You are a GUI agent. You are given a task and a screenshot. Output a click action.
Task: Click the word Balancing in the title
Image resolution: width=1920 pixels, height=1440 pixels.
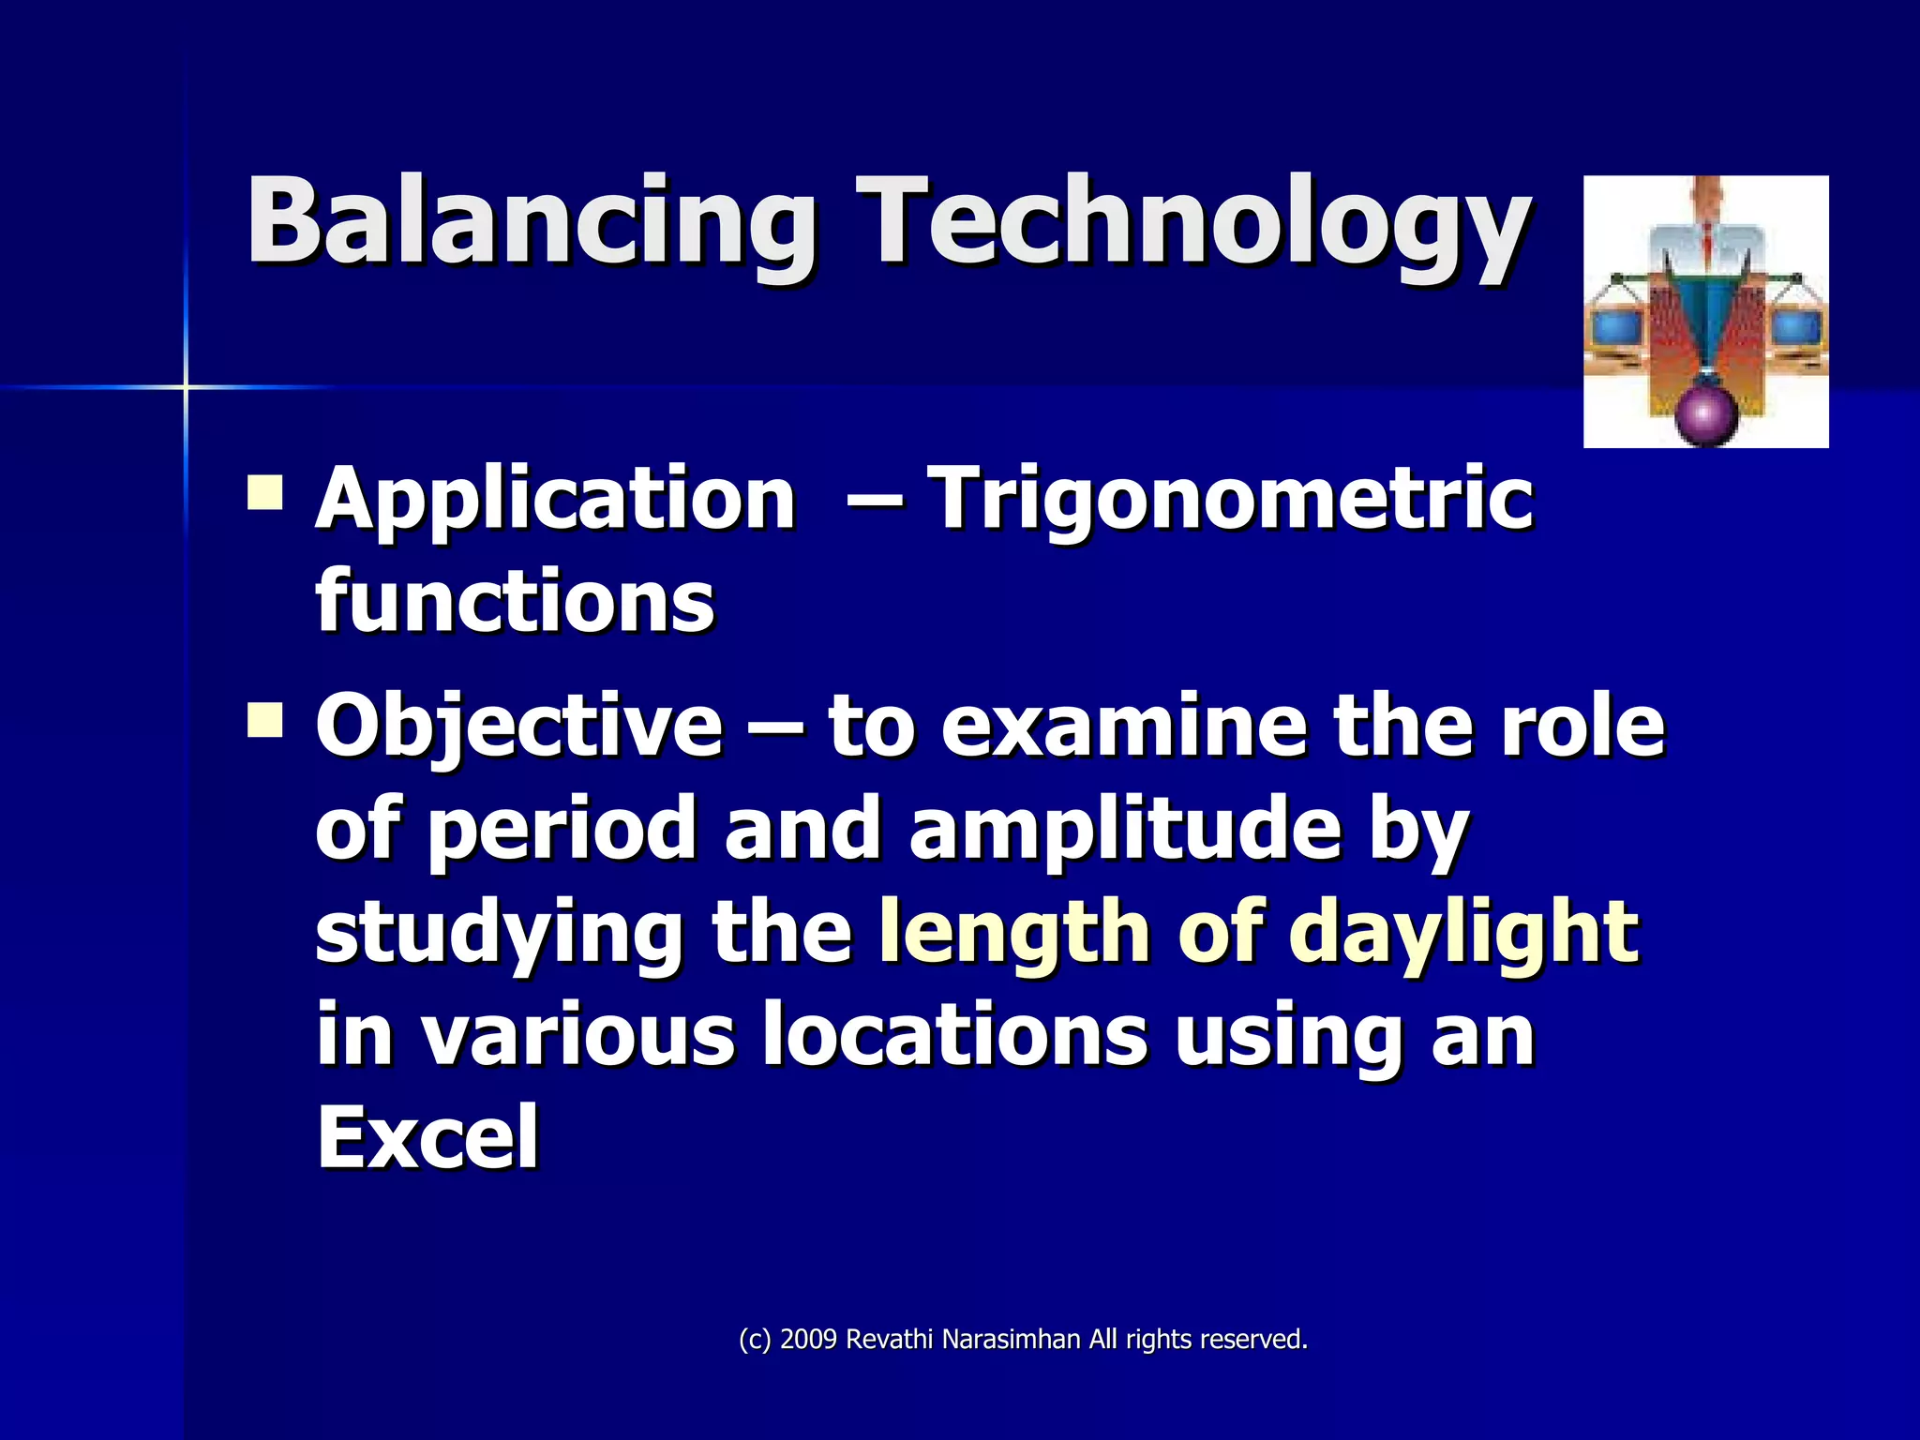530,223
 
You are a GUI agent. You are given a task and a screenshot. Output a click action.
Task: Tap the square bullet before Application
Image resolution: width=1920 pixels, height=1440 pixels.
265,491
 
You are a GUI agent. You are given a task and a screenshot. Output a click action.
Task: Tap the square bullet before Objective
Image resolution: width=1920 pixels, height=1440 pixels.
265,721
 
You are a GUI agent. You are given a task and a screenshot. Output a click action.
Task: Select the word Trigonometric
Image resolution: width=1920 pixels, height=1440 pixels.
1230,499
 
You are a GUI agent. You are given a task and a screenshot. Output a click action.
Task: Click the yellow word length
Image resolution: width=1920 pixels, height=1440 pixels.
1014,933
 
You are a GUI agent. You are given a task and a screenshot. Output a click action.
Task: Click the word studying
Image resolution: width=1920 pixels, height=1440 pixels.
499,933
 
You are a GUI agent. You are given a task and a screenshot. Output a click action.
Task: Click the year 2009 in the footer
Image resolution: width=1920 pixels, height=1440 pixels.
808,1340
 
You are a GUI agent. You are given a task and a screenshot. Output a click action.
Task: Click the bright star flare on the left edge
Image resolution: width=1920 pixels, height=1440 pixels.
186,386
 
